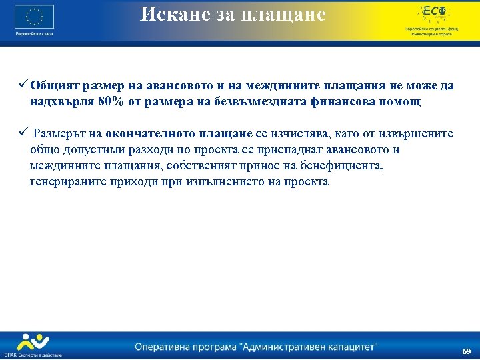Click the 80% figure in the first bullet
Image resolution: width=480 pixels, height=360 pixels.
(x=109, y=102)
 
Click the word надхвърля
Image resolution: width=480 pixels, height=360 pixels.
(x=61, y=102)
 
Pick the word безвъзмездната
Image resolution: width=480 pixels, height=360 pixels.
(x=272, y=102)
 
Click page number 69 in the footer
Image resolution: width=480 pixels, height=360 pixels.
(x=467, y=351)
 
